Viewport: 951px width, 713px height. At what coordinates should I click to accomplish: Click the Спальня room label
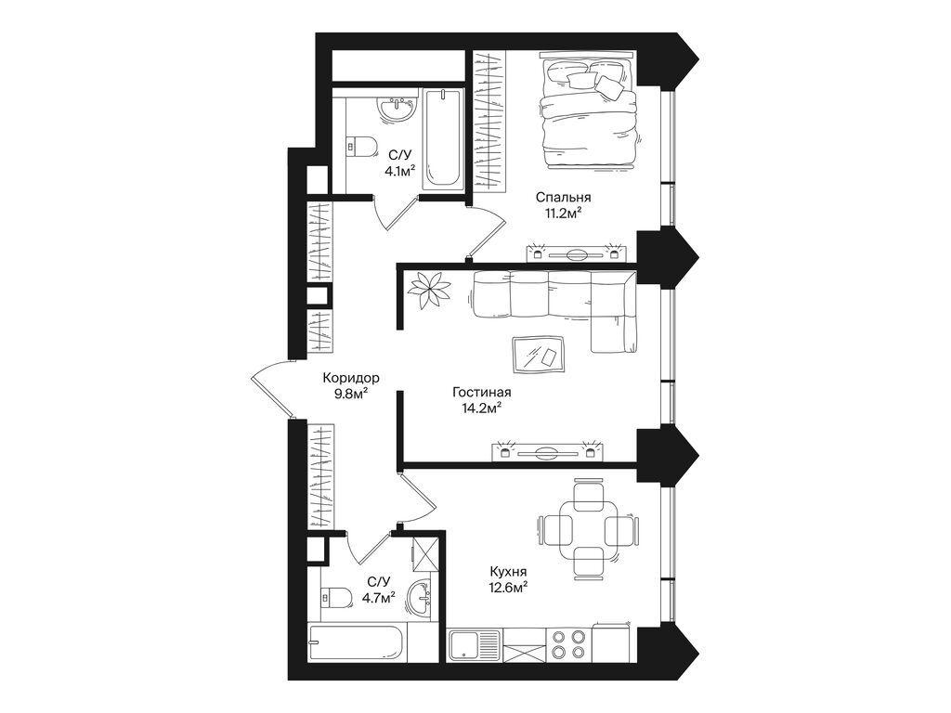tap(563, 198)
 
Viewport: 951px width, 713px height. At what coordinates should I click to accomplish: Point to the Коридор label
tap(351, 378)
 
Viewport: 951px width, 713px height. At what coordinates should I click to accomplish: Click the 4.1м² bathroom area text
tap(399, 170)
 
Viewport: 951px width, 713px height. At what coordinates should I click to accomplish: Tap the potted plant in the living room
tap(429, 289)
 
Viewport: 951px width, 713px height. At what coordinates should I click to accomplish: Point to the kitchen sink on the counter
tap(474, 643)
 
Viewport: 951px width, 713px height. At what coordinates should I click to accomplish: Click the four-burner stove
tap(567, 643)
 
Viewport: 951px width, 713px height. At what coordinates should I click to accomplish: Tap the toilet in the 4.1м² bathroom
tap(360, 146)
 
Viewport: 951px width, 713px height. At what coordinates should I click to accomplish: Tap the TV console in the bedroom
tap(576, 252)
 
